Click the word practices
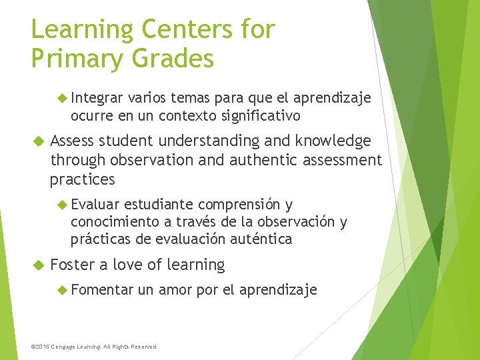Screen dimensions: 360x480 coord(82,179)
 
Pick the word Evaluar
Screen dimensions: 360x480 coord(95,204)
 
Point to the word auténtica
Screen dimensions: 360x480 coord(260,239)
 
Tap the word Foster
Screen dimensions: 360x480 coord(72,265)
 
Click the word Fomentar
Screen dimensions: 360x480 coord(101,289)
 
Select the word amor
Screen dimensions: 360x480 coord(175,289)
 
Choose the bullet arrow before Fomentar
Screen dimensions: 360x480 coord(63,289)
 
